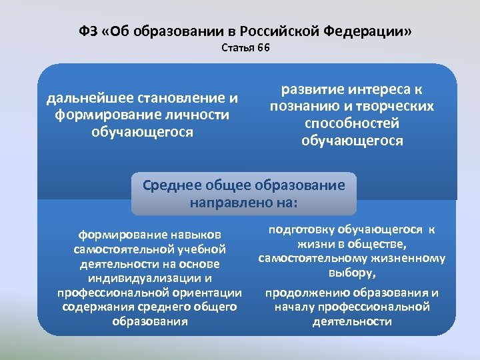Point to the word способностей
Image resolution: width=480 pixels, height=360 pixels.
click(352, 123)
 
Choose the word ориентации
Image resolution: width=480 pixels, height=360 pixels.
click(207, 293)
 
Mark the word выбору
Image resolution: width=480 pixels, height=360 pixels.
click(351, 273)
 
